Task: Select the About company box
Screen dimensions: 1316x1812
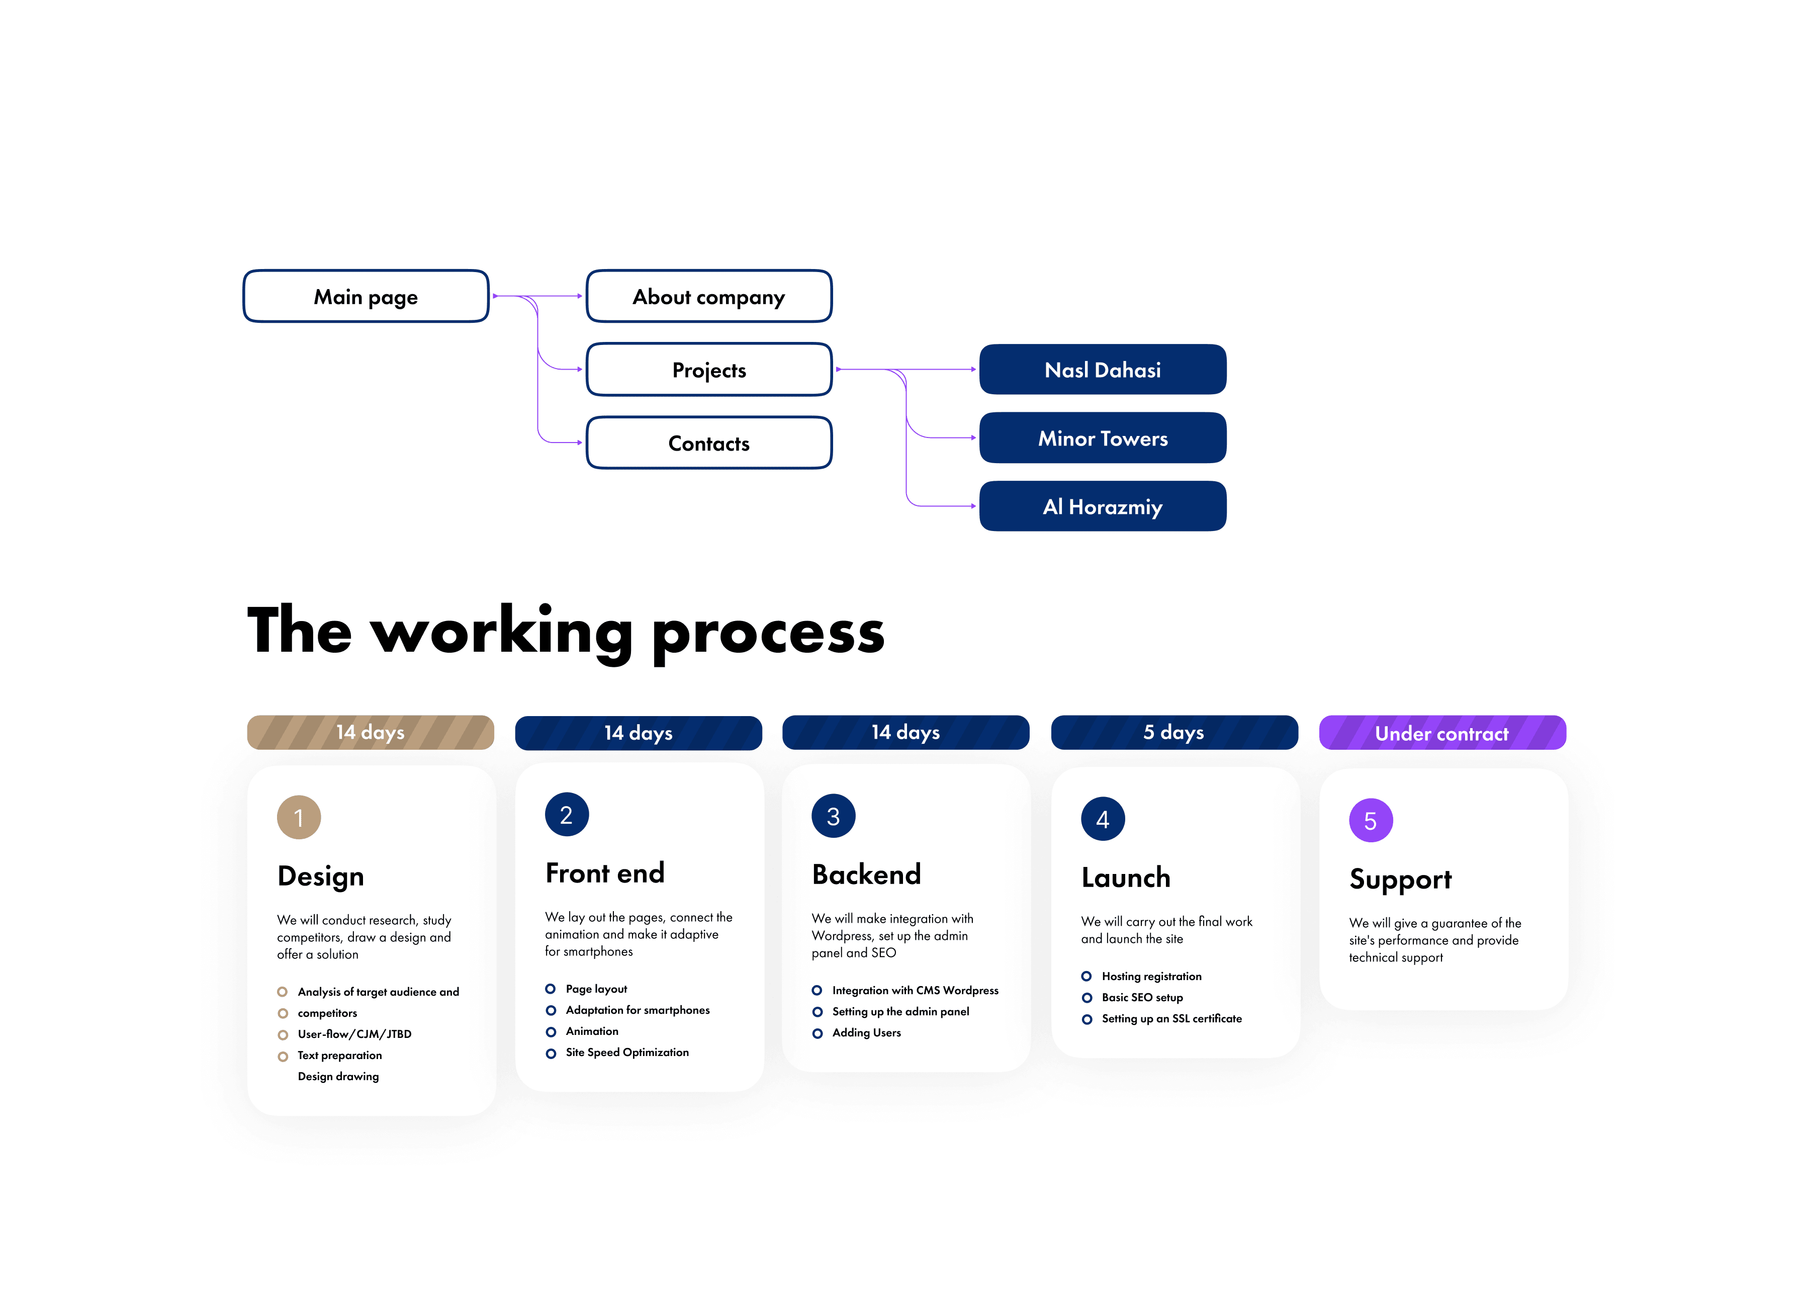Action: (x=709, y=297)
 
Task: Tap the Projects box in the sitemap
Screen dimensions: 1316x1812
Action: (x=709, y=370)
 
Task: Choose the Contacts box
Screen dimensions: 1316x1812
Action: (x=709, y=444)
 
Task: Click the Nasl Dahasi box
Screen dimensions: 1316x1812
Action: (x=1103, y=370)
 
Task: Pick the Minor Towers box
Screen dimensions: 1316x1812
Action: (x=1103, y=438)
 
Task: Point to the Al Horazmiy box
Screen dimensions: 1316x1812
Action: (x=1103, y=506)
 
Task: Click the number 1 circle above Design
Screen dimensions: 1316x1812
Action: (x=299, y=817)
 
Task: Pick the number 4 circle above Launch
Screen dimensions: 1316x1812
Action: (x=1103, y=819)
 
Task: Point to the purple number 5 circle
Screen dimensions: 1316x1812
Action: (x=1370, y=821)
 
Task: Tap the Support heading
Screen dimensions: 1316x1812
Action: (x=1400, y=880)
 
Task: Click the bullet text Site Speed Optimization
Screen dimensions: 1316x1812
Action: (x=627, y=1053)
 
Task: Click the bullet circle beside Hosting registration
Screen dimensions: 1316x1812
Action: (x=1086, y=977)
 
